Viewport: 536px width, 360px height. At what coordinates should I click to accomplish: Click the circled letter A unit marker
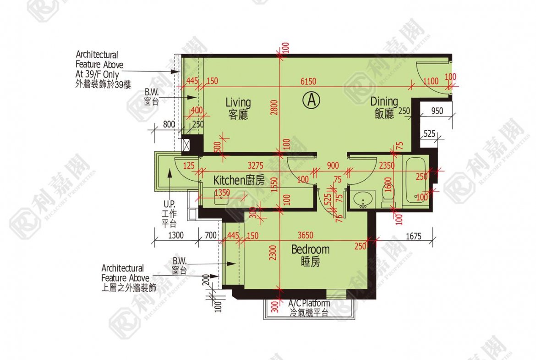pyautogui.click(x=312, y=100)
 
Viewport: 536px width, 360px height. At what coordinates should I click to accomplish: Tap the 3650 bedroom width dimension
pyautogui.click(x=305, y=235)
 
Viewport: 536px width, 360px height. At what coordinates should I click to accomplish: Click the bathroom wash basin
pyautogui.click(x=363, y=200)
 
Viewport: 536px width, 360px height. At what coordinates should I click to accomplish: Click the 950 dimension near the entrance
pyautogui.click(x=438, y=111)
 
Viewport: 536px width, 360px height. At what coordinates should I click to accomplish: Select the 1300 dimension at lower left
pyautogui.click(x=175, y=236)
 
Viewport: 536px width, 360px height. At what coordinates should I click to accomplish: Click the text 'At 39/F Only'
pyautogui.click(x=98, y=74)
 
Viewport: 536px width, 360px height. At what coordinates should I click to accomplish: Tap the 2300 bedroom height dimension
pyautogui.click(x=273, y=253)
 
